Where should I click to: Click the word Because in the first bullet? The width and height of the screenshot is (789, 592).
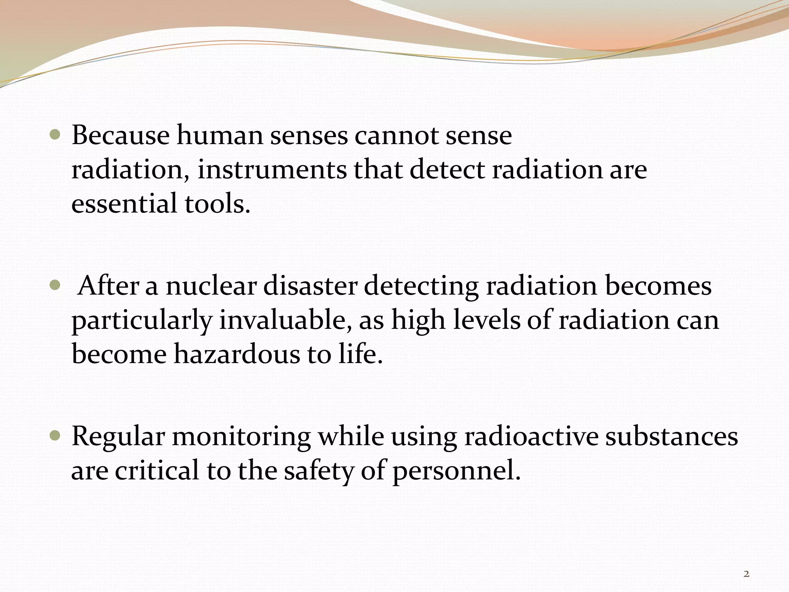[x=120, y=136]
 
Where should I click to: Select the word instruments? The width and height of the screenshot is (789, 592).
[x=272, y=170]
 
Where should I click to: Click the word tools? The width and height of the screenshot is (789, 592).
[x=217, y=203]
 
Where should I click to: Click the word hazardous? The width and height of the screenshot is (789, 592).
[x=237, y=354]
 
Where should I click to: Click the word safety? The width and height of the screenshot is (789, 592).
[x=318, y=471]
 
